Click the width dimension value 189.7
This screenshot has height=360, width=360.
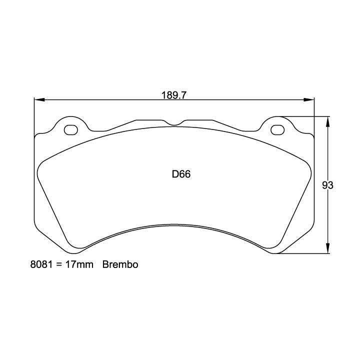coord(173,95)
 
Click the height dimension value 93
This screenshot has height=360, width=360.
coord(327,185)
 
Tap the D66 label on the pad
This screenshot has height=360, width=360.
coord(181,174)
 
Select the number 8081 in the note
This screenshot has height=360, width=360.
coord(41,265)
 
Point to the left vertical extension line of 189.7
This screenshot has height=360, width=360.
coord(34,115)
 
